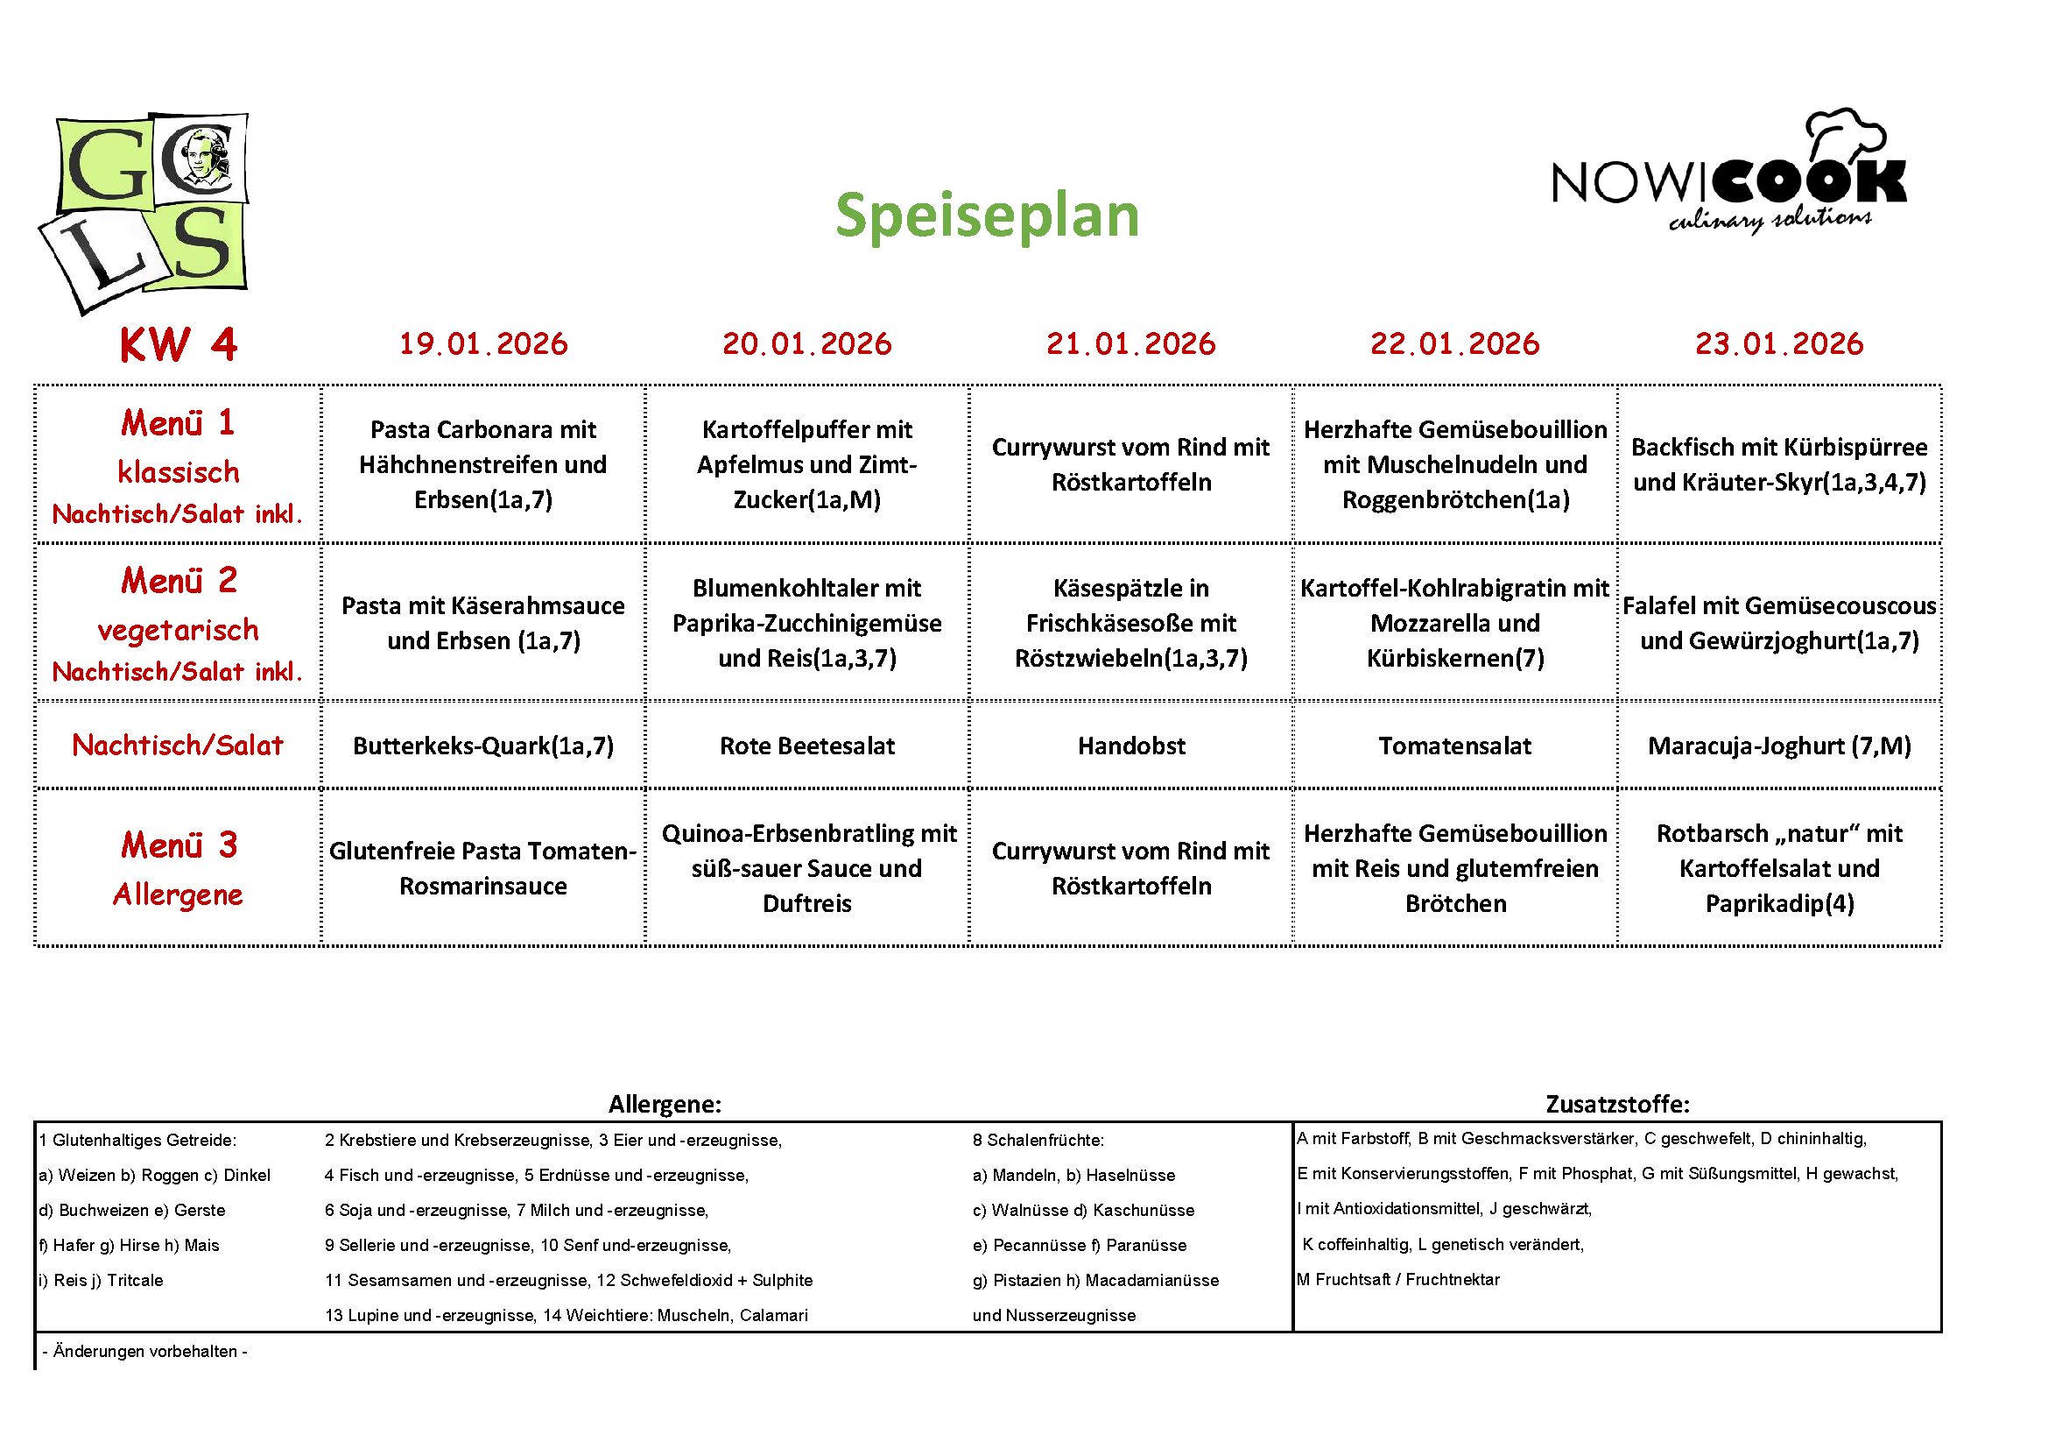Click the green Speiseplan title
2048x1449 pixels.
(x=987, y=216)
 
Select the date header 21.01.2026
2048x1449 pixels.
(x=1130, y=343)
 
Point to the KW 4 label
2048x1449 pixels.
(x=179, y=344)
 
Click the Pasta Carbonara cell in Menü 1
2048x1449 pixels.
(x=482, y=464)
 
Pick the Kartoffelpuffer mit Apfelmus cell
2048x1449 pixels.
(x=806, y=464)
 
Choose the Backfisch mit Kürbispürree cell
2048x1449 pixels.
(x=1778, y=464)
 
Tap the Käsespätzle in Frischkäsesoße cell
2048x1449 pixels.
(x=1130, y=623)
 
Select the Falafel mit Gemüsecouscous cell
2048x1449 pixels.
(x=1778, y=623)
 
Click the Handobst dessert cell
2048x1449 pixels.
(x=1130, y=746)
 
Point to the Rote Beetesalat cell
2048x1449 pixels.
(x=806, y=746)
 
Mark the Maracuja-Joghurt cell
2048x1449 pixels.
(x=1778, y=746)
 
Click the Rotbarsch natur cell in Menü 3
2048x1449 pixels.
(x=1778, y=868)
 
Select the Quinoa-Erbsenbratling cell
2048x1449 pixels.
(x=806, y=868)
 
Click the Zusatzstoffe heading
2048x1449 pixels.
(x=1617, y=1104)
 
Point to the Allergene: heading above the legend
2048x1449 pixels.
(x=665, y=1104)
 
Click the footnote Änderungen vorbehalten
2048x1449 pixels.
(x=144, y=1351)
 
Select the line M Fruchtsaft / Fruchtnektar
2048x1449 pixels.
(x=1397, y=1279)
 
